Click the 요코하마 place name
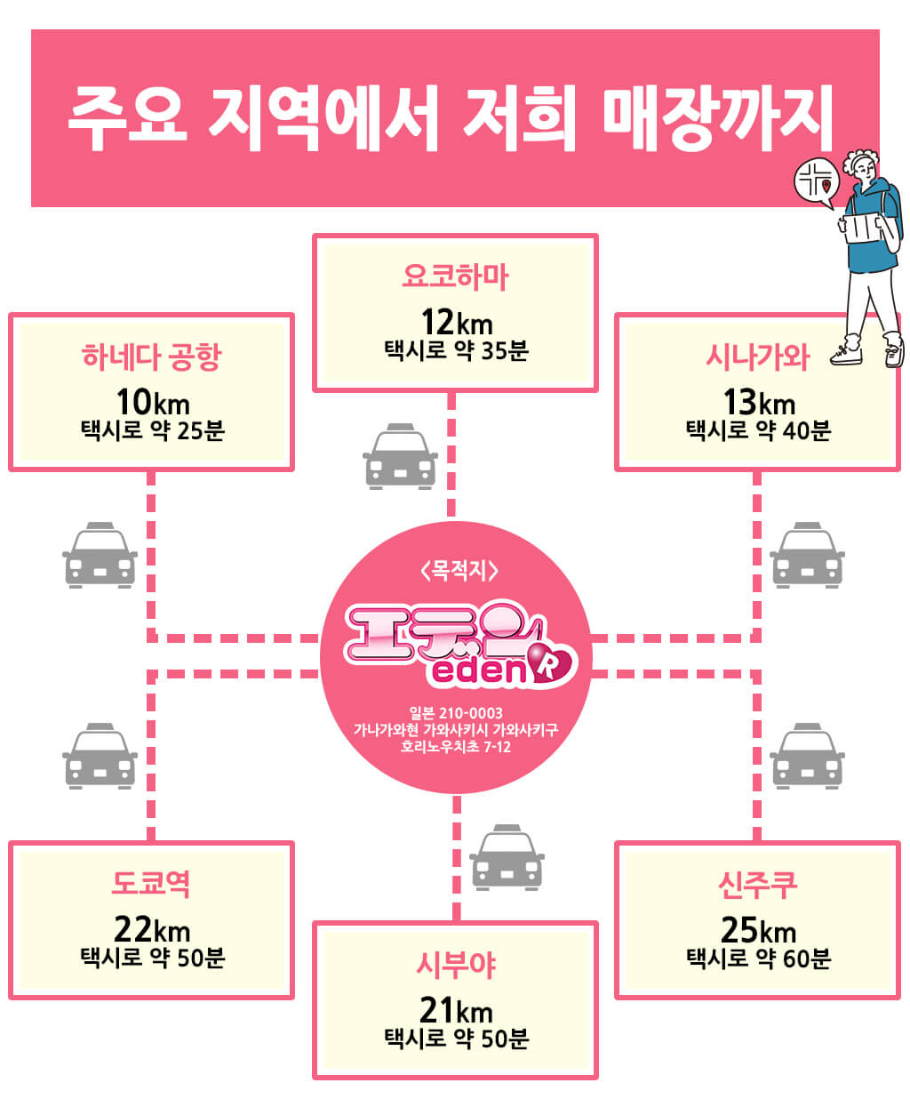pyautogui.click(x=455, y=277)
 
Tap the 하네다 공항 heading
pyautogui.click(x=152, y=357)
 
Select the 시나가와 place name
pyautogui.click(x=757, y=357)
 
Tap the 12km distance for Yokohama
pyautogui.click(x=456, y=322)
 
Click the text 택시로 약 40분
pyautogui.click(x=758, y=430)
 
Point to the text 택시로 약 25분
pyautogui.click(x=153, y=430)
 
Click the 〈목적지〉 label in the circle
pyautogui.click(x=459, y=570)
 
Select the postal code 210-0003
pyautogui.click(x=470, y=713)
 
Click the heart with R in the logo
pyautogui.click(x=551, y=666)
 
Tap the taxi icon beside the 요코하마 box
pyautogui.click(x=400, y=456)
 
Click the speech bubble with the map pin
pyautogui.click(x=816, y=183)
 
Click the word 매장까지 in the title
pyautogui.click(x=717, y=117)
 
